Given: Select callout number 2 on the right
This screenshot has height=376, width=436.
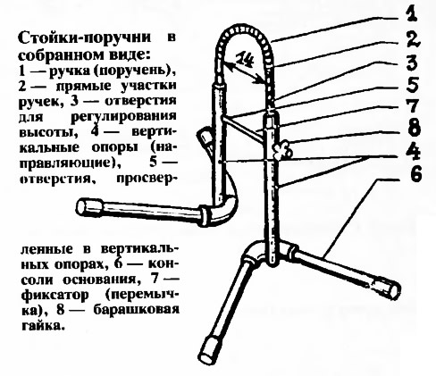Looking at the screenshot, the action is click(413, 39).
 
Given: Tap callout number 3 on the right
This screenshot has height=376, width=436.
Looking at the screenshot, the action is click(413, 63).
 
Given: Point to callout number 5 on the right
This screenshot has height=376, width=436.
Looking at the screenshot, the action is click(413, 86).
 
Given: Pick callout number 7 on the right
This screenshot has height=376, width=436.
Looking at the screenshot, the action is click(413, 106).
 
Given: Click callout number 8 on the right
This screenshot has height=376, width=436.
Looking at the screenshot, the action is click(413, 128).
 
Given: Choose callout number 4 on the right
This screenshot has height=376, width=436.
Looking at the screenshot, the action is click(413, 153).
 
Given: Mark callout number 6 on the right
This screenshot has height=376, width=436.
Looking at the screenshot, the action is click(415, 174).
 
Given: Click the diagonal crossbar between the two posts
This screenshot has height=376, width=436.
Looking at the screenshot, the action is click(243, 128).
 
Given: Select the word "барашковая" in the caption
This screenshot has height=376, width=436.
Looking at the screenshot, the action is click(137, 311).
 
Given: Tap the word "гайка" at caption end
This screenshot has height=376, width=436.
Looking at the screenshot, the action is click(41, 326).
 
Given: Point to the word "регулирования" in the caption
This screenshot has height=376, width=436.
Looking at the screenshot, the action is click(123, 117).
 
